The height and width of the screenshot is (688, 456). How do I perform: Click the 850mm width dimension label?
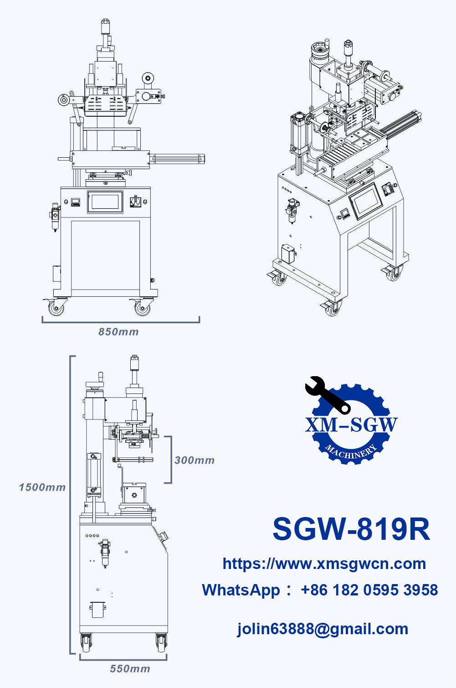click(x=118, y=332)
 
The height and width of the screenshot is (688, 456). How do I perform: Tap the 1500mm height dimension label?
click(x=42, y=487)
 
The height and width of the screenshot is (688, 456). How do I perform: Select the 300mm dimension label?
click(x=195, y=460)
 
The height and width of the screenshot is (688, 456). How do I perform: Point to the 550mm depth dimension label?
click(x=130, y=669)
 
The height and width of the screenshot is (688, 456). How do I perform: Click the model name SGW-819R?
click(x=351, y=529)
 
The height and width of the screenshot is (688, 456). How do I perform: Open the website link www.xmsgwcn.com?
click(x=324, y=564)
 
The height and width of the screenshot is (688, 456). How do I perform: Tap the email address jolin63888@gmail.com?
click(x=323, y=629)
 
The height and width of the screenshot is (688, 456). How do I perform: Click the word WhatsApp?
click(x=241, y=590)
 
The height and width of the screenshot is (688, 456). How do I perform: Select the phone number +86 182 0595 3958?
click(x=369, y=590)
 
